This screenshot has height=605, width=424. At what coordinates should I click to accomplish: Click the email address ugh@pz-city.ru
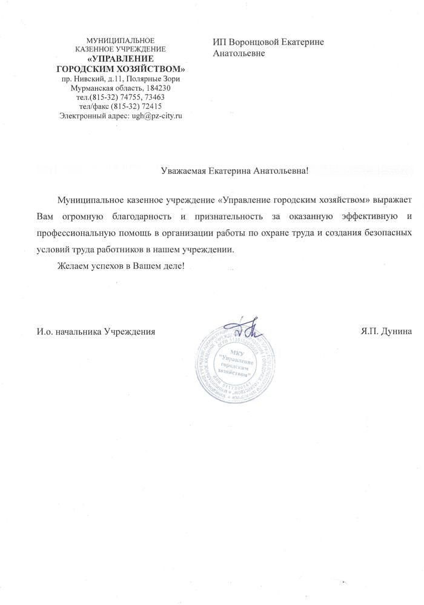(157, 115)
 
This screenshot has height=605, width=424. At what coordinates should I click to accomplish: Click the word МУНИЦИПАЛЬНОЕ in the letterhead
(121, 40)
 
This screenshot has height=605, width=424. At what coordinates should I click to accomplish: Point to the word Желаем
(71, 266)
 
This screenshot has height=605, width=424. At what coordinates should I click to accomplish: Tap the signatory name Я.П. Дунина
(386, 331)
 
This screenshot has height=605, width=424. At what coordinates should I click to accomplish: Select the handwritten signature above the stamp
(246, 329)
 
